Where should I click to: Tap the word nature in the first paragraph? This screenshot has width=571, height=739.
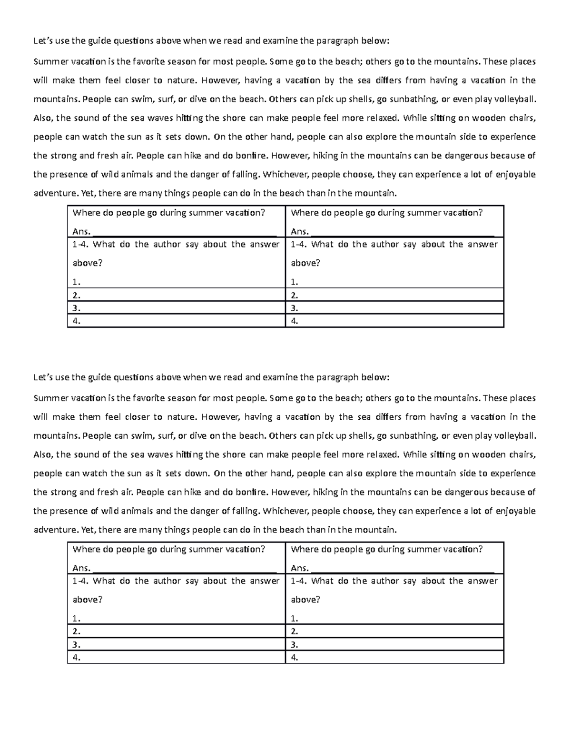[x=181, y=80]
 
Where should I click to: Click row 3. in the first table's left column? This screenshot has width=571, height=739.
[x=176, y=308]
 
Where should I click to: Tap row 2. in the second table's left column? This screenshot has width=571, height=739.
[x=176, y=631]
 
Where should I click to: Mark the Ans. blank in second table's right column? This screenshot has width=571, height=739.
[x=402, y=569]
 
